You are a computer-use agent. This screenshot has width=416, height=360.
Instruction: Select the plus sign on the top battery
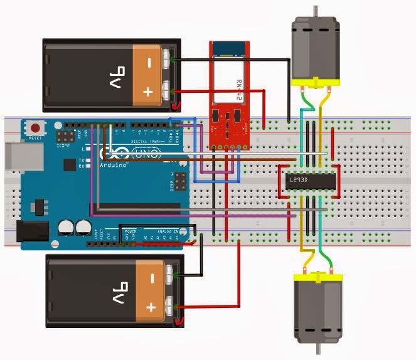coord(148,92)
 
